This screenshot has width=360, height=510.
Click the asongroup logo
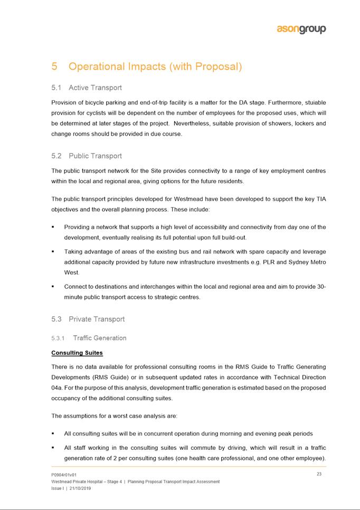[301, 30]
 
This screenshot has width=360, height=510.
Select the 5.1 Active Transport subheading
[87, 88]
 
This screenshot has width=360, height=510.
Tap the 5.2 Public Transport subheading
[87, 156]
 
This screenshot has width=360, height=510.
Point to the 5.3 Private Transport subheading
[88, 319]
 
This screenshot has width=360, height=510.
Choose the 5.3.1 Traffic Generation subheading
[89, 338]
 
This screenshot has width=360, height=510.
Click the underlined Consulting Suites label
[77, 352]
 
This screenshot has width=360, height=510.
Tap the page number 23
[319, 474]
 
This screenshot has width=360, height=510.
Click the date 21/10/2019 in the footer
[79, 488]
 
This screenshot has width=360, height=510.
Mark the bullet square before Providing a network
[53, 227]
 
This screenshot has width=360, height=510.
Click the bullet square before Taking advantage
[53, 252]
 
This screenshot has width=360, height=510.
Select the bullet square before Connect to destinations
[53, 287]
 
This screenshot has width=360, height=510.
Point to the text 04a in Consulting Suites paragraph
[56, 388]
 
